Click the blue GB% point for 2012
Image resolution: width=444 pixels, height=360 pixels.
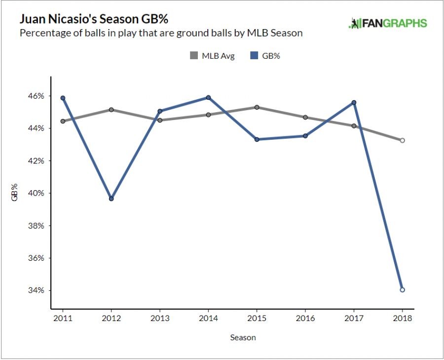tap(111, 199)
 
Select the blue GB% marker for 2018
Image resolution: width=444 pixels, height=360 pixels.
tap(403, 290)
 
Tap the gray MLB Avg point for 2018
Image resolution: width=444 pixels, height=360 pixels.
tap(403, 140)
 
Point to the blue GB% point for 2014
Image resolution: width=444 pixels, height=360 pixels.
tap(208, 97)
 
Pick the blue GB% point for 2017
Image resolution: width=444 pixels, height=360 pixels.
tap(354, 103)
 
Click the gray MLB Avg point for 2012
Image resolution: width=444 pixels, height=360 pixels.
tap(111, 110)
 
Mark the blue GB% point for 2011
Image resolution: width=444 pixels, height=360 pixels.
tap(63, 98)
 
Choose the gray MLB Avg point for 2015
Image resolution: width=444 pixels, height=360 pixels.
tap(257, 107)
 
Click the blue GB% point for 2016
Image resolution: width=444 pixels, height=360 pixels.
tap(305, 136)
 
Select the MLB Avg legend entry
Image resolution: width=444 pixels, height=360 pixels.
tap(212, 56)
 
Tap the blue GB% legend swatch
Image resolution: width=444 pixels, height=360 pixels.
tap(255, 56)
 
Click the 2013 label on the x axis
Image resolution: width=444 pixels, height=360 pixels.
tap(160, 319)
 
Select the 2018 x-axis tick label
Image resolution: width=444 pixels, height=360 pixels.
tap(403, 319)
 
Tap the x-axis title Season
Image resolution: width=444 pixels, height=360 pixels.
tap(243, 338)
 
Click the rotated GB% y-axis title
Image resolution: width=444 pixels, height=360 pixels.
tap(15, 193)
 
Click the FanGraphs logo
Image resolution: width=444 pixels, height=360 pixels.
tap(387, 23)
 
